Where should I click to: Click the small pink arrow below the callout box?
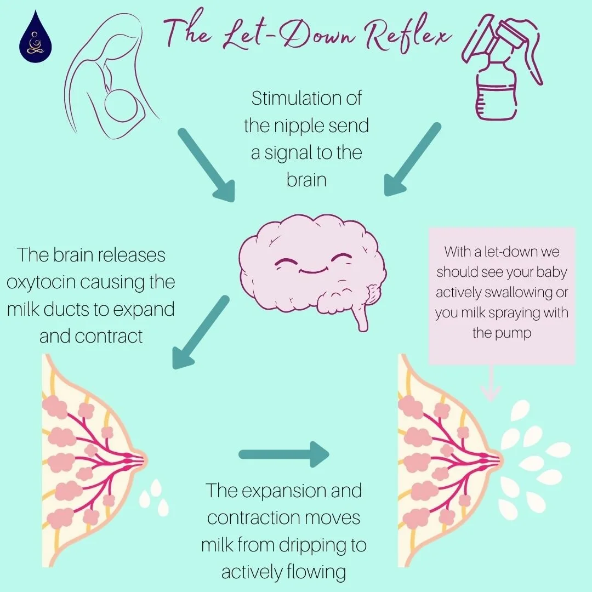click(x=491, y=384)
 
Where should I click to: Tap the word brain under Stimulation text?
click(x=306, y=180)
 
